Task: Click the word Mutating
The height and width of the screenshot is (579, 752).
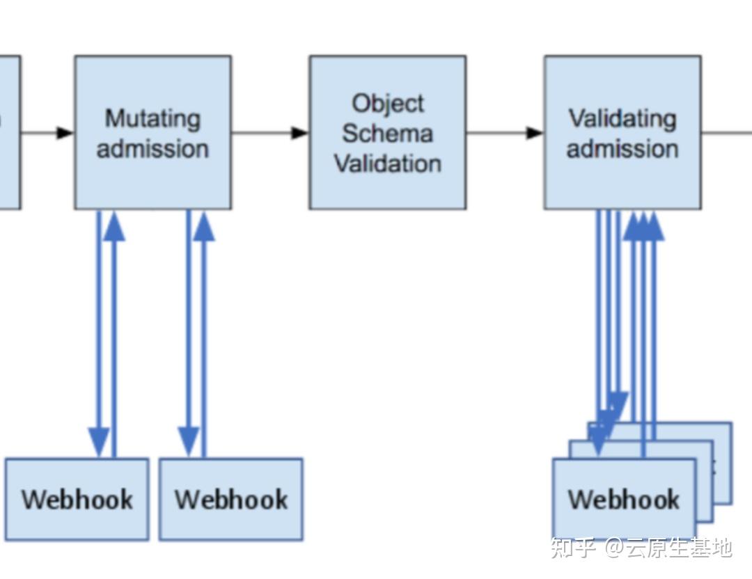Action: pos(152,118)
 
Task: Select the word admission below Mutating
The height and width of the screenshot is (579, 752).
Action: pos(152,148)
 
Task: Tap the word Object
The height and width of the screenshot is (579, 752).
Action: pos(388,103)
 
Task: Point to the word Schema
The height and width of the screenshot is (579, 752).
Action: pos(388,133)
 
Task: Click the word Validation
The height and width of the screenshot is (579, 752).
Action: pos(388,163)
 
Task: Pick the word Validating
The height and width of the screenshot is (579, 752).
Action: pos(622,118)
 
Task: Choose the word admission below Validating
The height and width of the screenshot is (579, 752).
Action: pos(622,148)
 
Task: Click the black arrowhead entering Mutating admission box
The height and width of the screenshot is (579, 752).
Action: pos(65,132)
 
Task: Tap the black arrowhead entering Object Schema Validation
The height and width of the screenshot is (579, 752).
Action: pos(300,132)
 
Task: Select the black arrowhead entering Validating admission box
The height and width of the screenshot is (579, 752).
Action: pos(535,132)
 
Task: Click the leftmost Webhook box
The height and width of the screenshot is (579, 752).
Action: pos(77,499)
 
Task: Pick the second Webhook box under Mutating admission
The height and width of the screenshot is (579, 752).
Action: pos(231,499)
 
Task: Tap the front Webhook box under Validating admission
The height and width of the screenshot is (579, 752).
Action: pos(625,499)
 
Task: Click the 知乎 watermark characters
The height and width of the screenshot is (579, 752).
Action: pos(572,548)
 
